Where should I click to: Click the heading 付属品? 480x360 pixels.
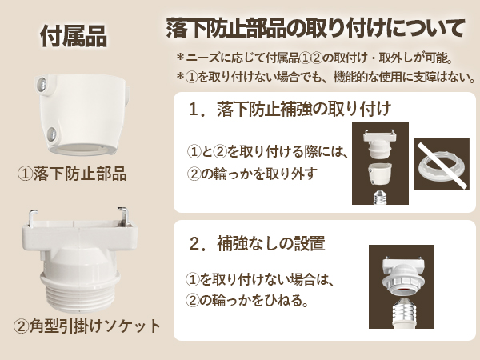point(72,36)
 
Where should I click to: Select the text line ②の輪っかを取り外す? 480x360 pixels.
point(252,174)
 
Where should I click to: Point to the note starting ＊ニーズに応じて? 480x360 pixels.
point(315,58)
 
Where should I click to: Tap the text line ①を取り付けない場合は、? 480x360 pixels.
point(258,281)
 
